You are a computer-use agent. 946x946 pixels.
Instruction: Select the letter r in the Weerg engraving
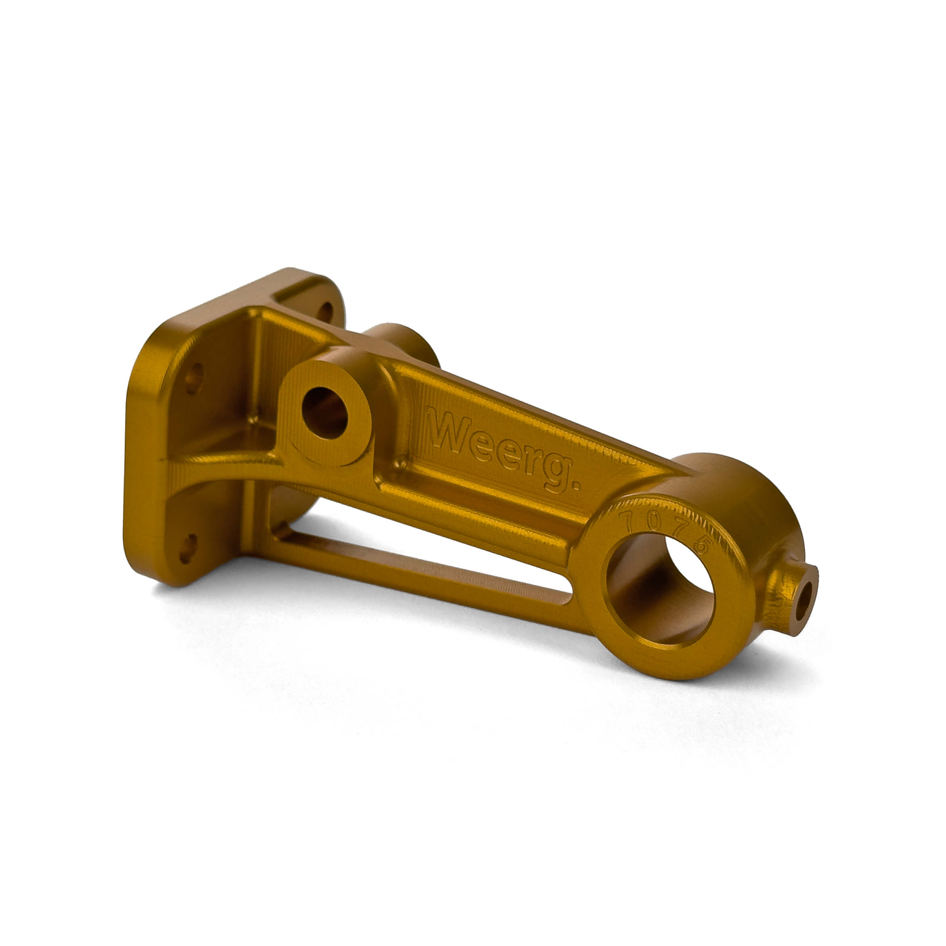[532, 461]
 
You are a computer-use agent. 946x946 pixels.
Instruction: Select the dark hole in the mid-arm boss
[324, 413]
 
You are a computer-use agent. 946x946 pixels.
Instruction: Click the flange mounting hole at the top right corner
[324, 312]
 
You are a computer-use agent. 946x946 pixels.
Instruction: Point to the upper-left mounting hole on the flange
[194, 377]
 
